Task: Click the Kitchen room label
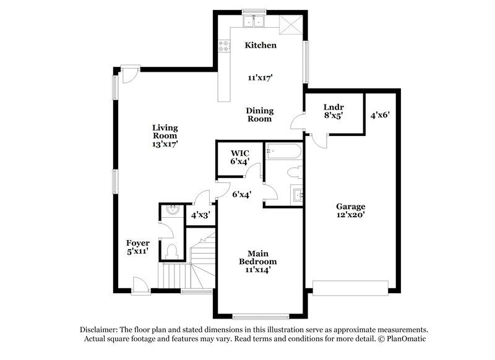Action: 260,45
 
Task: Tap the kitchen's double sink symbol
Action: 253,22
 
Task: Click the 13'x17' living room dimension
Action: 165,144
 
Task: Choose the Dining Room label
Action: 260,114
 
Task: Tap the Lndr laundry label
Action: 334,106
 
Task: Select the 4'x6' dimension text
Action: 379,114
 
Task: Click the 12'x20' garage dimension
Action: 350,215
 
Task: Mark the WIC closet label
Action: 239,153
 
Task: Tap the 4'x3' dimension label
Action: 200,216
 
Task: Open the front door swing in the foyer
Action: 140,283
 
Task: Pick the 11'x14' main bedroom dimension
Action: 257,270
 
